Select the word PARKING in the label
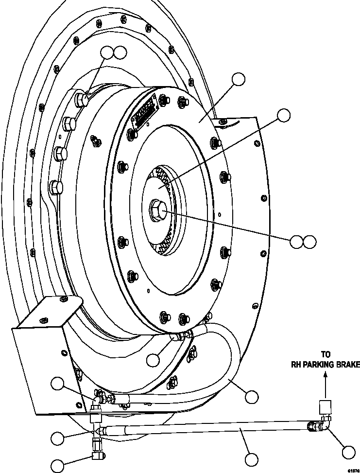coord(321,365)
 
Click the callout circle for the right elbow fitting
coord(349,452)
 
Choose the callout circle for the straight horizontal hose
coord(252,459)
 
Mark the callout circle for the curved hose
coord(252,397)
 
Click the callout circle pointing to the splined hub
coord(283,115)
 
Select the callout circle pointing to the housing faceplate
coord(239,79)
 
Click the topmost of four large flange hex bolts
coord(82,100)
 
